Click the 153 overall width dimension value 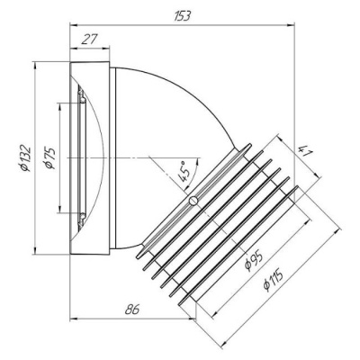(x=182, y=16)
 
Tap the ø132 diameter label (x=24, y=158)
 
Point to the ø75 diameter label (x=49, y=158)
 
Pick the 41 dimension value (x=306, y=152)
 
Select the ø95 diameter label (x=254, y=260)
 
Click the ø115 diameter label (x=273, y=280)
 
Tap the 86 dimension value (x=132, y=310)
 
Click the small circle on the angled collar (x=193, y=201)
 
